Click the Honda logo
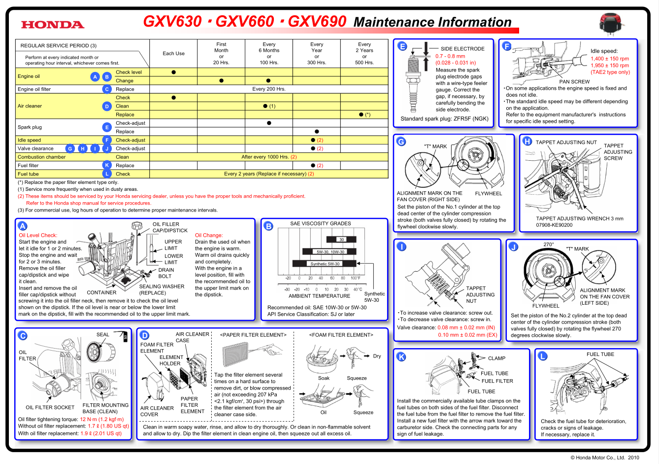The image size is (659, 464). [53, 25]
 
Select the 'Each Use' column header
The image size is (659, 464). [173, 53]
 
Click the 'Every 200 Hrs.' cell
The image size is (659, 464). [268, 89]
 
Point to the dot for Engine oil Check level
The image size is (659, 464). [173, 72]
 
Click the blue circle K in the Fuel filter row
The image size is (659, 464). [107, 165]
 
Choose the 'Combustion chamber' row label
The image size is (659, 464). [41, 157]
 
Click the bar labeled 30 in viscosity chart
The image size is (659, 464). [341, 240]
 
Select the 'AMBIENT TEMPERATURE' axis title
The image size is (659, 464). [319, 296]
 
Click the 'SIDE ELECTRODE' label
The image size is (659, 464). [462, 49]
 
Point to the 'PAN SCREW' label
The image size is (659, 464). [574, 82]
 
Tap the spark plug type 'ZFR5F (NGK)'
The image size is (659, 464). [471, 119]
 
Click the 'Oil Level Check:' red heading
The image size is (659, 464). [38, 235]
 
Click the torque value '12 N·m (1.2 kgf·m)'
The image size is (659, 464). [102, 419]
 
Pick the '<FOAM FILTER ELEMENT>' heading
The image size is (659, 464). [341, 335]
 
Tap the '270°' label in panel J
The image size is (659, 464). [548, 245]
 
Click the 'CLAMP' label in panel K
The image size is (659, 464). [496, 358]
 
